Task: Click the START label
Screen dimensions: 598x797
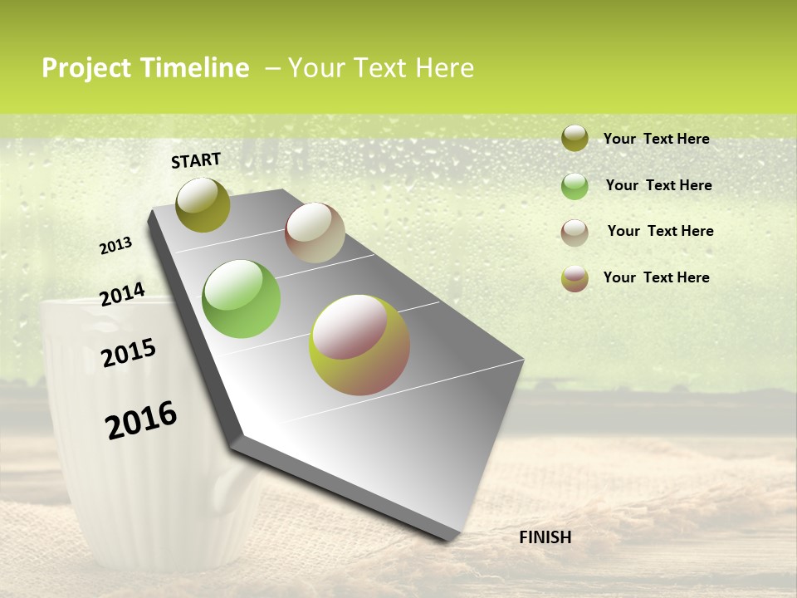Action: (x=196, y=160)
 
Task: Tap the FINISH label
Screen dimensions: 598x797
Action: (x=545, y=537)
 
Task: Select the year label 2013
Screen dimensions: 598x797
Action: (x=116, y=246)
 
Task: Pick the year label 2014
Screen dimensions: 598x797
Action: (x=122, y=294)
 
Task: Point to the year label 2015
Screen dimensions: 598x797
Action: (x=129, y=353)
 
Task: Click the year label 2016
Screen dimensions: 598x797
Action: (x=141, y=420)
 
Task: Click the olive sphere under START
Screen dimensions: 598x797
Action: (x=203, y=204)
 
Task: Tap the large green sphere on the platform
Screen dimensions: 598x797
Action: (x=241, y=299)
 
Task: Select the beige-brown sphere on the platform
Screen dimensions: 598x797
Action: (x=315, y=233)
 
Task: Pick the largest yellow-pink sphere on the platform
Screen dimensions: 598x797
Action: (x=359, y=345)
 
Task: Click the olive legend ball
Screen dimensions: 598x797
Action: (x=575, y=138)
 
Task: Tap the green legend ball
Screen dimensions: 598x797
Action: (x=575, y=186)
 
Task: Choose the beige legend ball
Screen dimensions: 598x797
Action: (x=575, y=233)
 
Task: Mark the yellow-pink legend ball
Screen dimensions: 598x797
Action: (x=575, y=278)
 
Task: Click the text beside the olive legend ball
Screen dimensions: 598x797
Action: (x=656, y=139)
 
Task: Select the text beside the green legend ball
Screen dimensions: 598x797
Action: (x=658, y=185)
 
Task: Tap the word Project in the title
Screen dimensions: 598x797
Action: (x=86, y=68)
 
